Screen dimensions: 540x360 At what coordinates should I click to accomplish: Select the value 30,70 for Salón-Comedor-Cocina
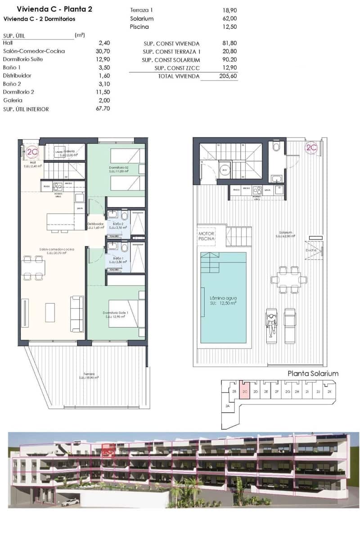point(104,51)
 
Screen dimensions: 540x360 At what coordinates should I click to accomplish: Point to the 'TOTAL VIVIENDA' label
point(178,76)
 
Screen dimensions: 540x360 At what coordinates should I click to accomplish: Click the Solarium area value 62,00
point(229,19)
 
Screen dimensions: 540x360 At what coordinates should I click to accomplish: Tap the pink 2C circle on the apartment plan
point(32,152)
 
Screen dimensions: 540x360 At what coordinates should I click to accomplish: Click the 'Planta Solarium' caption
point(313,373)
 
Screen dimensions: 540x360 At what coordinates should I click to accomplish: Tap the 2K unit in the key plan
point(329,392)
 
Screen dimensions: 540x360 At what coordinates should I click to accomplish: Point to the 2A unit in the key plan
point(227,406)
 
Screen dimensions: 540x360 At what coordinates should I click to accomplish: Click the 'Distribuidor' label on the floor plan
point(95,224)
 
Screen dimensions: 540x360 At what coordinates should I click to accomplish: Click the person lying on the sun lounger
point(272,324)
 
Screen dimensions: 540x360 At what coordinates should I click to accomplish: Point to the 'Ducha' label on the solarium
point(310,250)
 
